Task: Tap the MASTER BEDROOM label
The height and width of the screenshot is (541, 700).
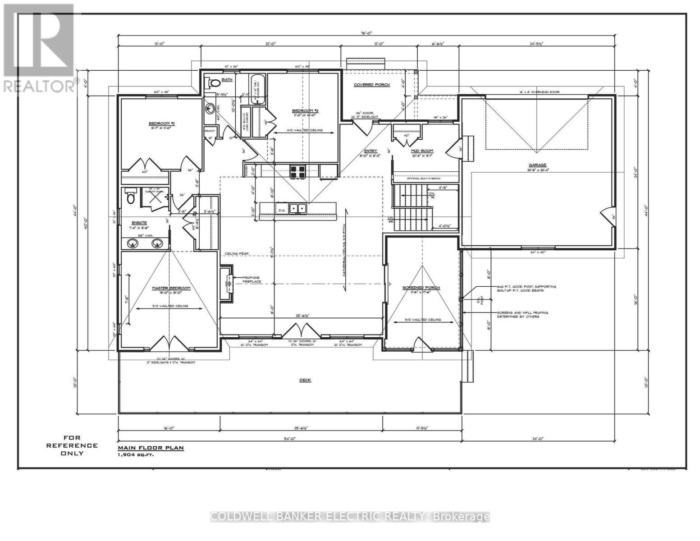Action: pos(171,288)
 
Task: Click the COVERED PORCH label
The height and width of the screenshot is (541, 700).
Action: pos(371,85)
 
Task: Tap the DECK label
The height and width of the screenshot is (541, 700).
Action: pos(305,380)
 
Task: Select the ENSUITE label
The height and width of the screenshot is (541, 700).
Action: pos(138,223)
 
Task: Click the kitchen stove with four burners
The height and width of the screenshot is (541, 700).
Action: pos(297,172)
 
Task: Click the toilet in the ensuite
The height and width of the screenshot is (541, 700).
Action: pos(131,197)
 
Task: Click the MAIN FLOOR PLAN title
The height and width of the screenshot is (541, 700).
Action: pos(151,448)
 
